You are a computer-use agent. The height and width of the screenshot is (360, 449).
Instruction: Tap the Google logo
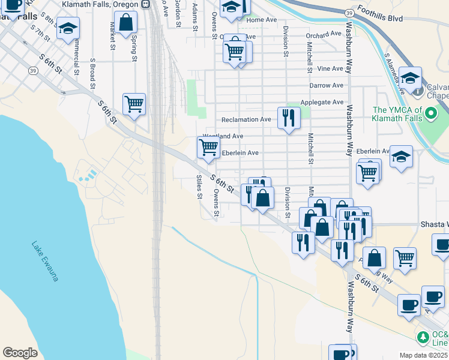(x=20, y=353)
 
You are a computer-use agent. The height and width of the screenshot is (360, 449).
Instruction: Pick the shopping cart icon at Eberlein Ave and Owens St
(x=208, y=147)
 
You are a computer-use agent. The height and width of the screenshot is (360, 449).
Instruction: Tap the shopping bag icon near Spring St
(x=126, y=24)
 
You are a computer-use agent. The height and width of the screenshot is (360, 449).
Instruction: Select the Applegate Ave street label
(x=321, y=103)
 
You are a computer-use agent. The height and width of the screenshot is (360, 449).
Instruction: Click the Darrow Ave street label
(x=326, y=86)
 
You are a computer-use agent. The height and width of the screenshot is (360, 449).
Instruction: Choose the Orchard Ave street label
(x=326, y=35)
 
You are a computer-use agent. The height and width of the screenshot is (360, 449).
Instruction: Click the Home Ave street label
(x=262, y=20)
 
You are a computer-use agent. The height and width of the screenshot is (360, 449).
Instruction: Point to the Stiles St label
(x=199, y=188)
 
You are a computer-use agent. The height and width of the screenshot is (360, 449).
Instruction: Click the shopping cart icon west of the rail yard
(x=134, y=104)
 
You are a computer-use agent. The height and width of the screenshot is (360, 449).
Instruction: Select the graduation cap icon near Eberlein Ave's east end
(x=400, y=157)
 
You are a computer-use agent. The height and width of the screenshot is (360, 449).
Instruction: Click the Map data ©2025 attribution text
(x=424, y=355)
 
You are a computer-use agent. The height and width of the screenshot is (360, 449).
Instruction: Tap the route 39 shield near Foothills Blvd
(x=349, y=13)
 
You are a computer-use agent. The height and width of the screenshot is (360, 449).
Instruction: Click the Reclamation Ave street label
(x=246, y=119)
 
